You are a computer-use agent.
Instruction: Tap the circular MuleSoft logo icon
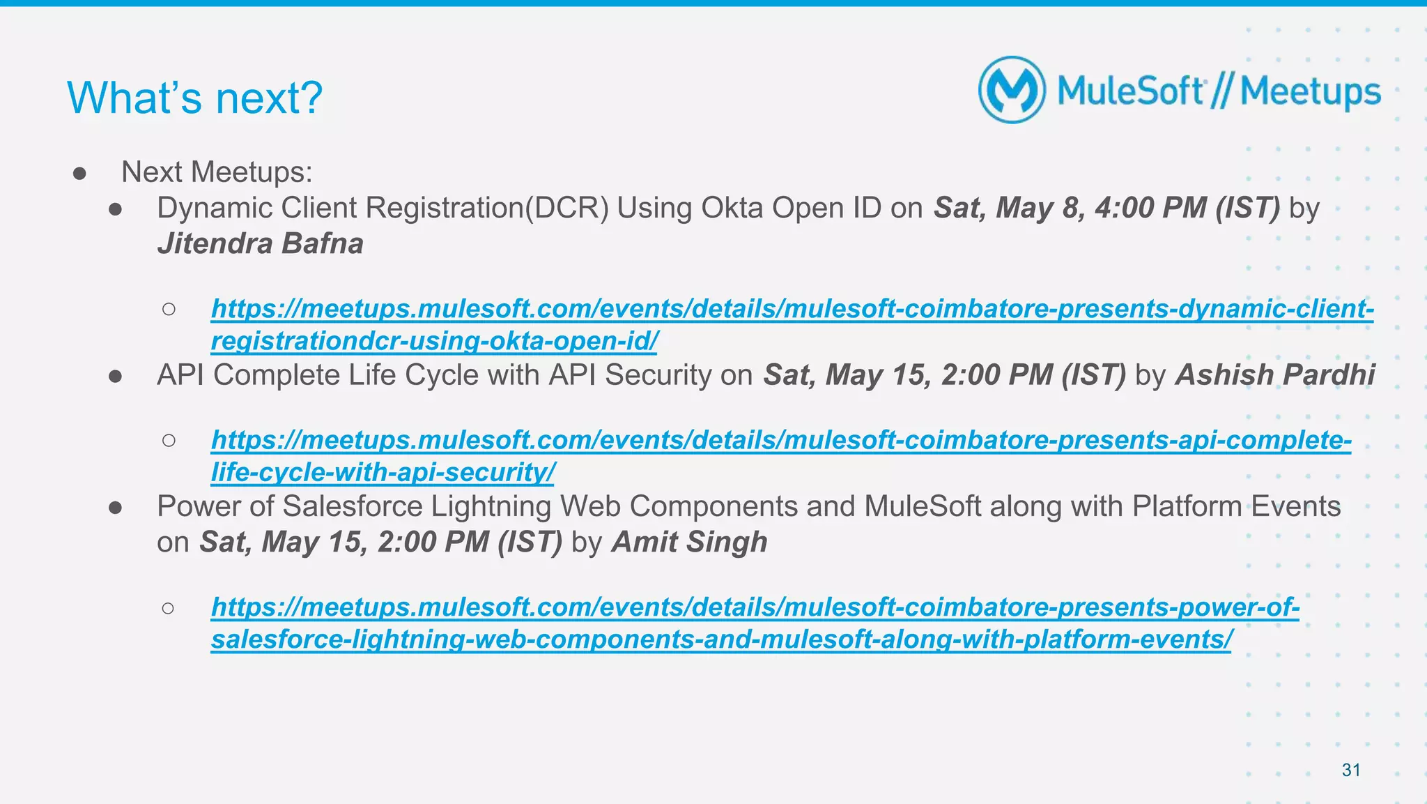click(x=1012, y=91)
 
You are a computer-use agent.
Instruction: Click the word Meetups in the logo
click(x=1310, y=92)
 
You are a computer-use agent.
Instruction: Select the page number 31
click(x=1351, y=770)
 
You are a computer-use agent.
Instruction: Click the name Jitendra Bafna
click(x=260, y=243)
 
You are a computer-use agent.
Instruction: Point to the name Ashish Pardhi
click(x=1275, y=374)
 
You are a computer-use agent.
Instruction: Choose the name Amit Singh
click(x=689, y=542)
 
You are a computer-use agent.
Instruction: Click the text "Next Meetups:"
click(x=217, y=172)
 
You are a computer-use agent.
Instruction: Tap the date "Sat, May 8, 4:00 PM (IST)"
click(x=1106, y=208)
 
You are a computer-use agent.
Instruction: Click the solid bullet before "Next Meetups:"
click(x=79, y=173)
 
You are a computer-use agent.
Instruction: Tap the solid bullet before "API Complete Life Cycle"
click(x=116, y=376)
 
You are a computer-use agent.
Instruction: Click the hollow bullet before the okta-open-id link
click(x=169, y=309)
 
